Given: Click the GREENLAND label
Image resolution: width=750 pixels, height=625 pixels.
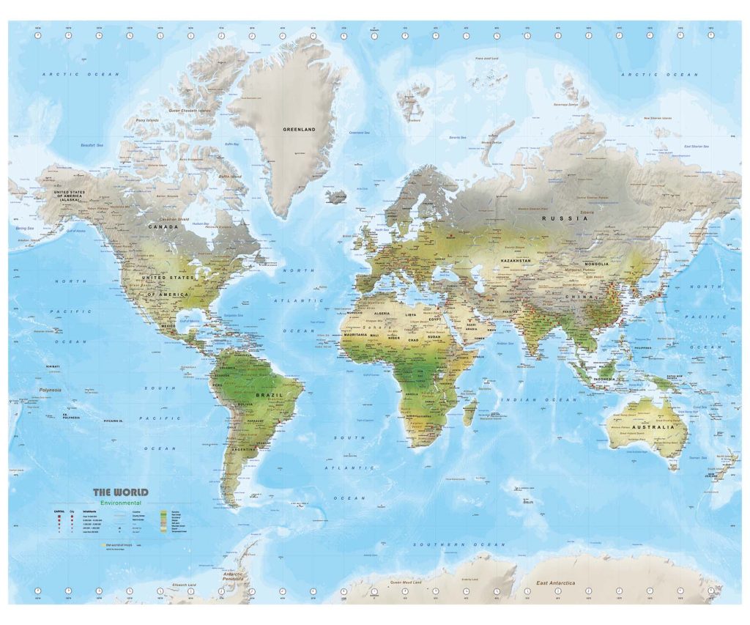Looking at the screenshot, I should pos(299,130).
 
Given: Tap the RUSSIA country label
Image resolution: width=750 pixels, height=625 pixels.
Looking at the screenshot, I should pos(557,218).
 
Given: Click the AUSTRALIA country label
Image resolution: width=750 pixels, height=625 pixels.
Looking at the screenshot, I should pos(657,426).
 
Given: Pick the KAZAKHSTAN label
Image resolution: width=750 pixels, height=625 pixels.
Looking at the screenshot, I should pos(516,260).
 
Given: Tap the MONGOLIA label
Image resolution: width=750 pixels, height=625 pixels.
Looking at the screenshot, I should pos(595,264).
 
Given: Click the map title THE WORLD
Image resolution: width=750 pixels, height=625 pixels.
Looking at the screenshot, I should pos(120,492).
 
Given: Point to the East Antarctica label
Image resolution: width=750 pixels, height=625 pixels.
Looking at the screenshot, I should pos(557,583).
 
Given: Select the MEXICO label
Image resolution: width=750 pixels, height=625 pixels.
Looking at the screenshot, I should pos(168,325).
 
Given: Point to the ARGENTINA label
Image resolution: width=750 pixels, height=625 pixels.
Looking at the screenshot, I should pos(245,448).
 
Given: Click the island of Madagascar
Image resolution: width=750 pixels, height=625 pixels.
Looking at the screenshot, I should pos(469,411).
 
